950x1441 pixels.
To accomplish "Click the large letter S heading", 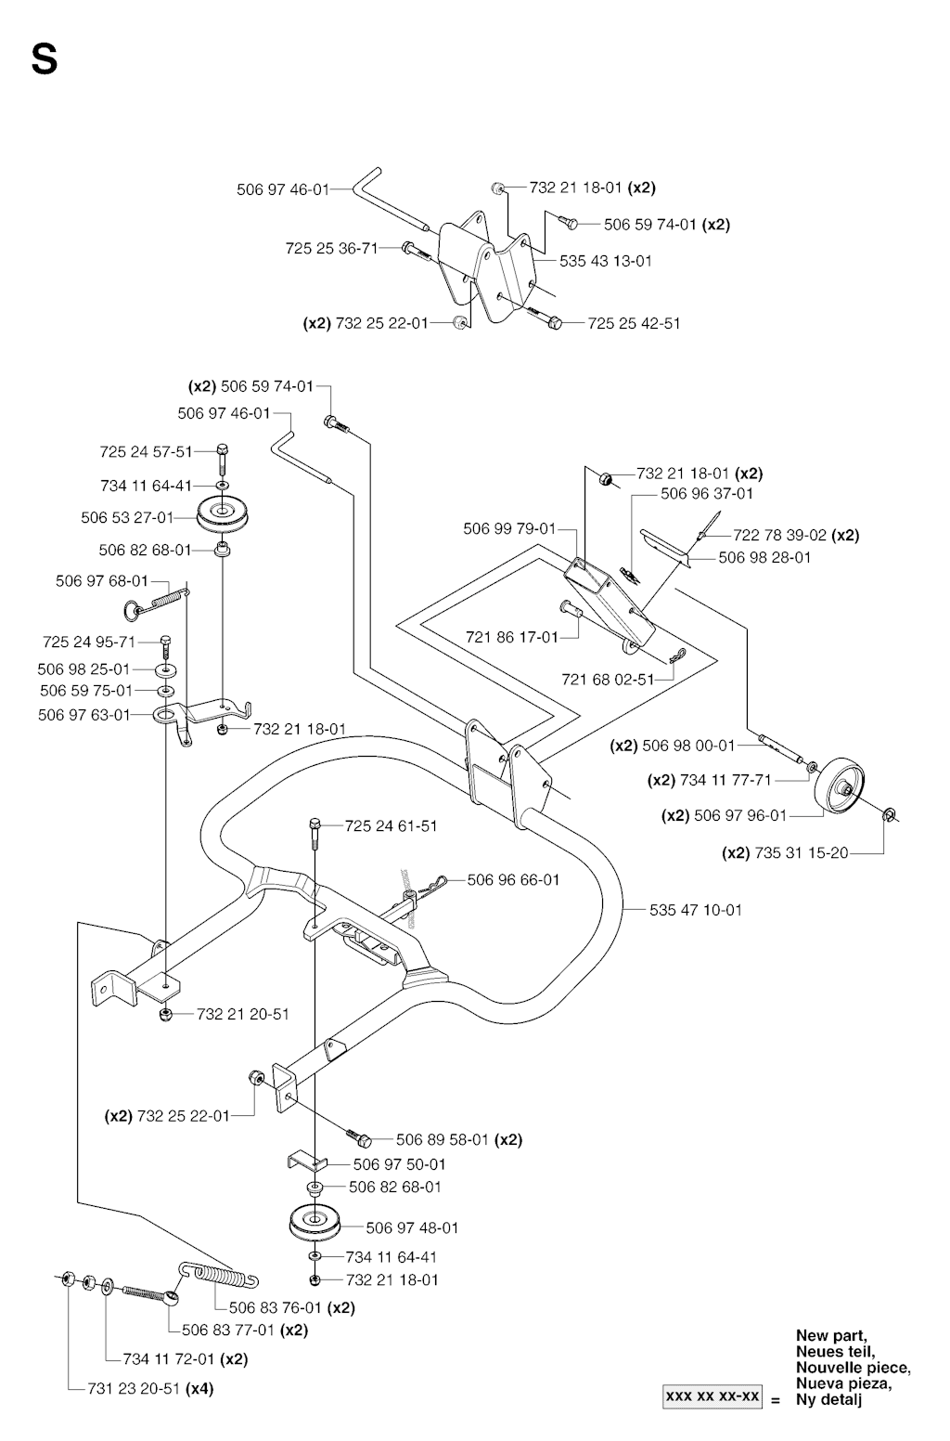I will click(44, 60).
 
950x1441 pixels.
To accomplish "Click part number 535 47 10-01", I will click(696, 910).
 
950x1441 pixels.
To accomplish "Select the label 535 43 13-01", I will click(606, 261).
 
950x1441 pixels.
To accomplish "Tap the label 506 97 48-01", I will click(412, 1227).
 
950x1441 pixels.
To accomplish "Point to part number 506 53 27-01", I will click(127, 517).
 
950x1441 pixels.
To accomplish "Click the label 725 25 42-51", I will click(635, 323).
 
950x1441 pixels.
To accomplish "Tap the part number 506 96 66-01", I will click(513, 879).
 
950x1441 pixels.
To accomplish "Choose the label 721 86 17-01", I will click(512, 637).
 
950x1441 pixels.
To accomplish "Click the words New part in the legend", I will click(831, 1336).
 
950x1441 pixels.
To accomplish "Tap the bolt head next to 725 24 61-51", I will click(315, 824).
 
